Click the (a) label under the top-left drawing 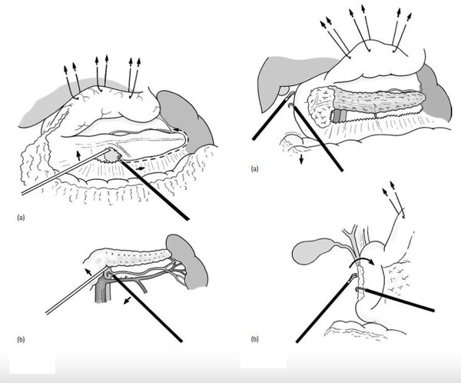coord(21,218)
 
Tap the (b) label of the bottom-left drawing coord(21,339)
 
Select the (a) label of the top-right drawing coord(254,168)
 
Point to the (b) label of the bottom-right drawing coord(254,339)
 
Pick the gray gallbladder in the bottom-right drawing coord(314,251)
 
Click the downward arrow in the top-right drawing coord(301,158)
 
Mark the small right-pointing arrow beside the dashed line coord(140,168)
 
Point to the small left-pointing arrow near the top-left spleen coord(177,129)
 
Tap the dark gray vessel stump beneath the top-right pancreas coord(340,116)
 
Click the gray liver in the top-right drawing coord(294,77)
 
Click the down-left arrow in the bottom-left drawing coord(128,300)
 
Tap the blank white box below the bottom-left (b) coord(32,361)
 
